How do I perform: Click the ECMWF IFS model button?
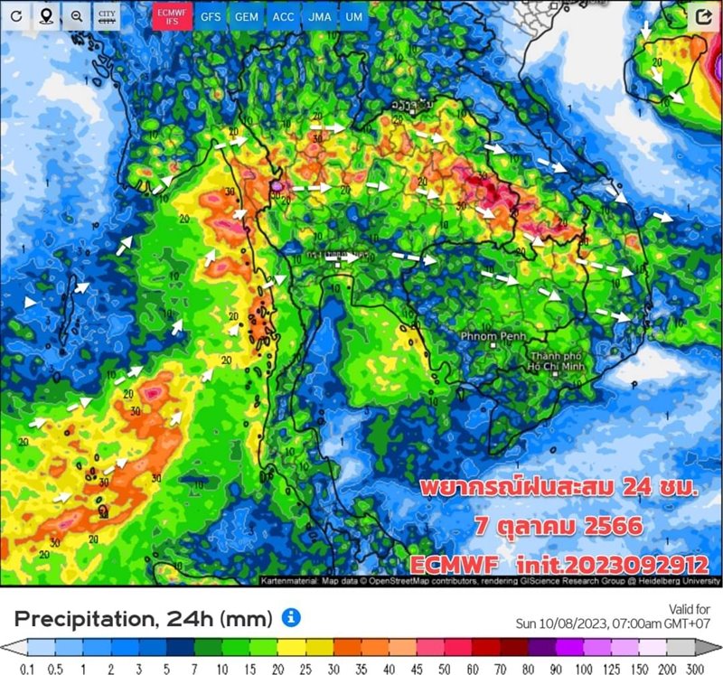(171, 16)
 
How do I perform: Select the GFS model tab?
(210, 16)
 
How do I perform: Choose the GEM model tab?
(247, 16)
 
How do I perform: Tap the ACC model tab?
(283, 16)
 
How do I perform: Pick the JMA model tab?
(319, 16)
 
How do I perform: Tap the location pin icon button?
(46, 16)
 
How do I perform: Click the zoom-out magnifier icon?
(77, 16)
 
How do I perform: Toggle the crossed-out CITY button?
(107, 16)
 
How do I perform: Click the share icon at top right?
(704, 16)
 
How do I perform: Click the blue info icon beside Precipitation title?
(290, 618)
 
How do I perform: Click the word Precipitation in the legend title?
(81, 619)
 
